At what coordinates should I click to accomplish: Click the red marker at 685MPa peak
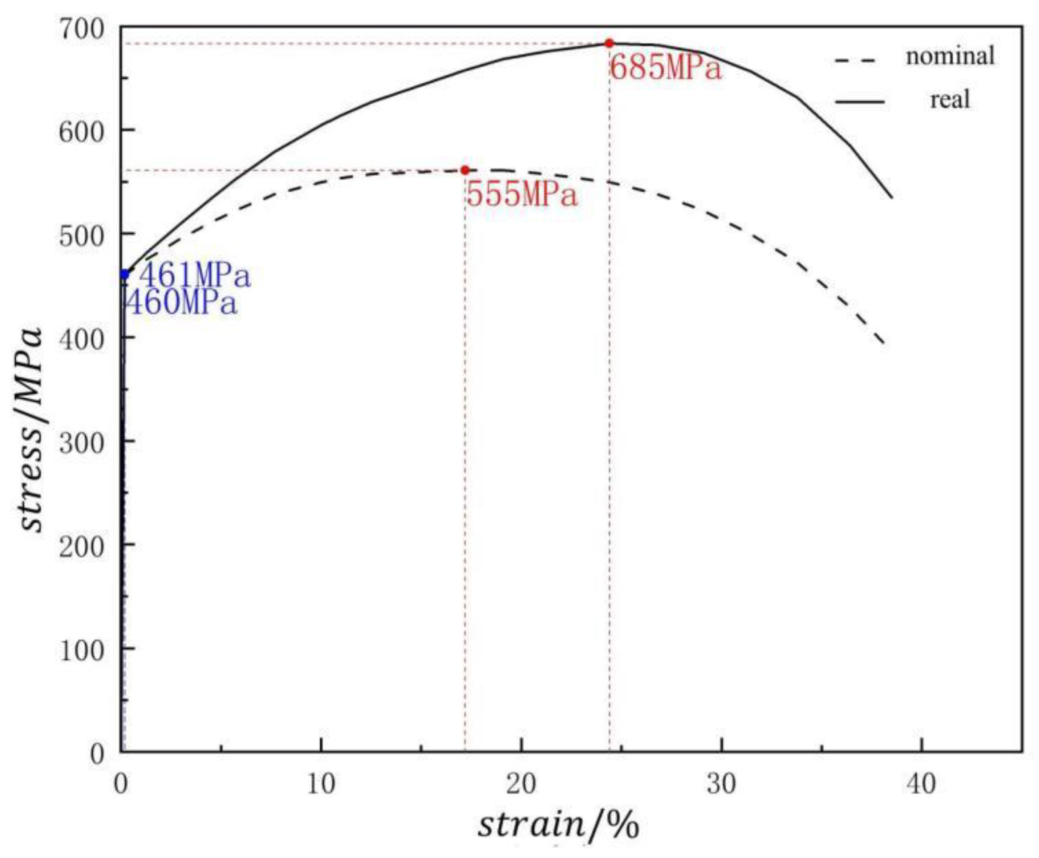point(609,43)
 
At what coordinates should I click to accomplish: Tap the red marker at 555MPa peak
point(465,170)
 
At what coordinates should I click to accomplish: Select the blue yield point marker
point(125,274)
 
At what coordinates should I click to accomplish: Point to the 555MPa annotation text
point(522,194)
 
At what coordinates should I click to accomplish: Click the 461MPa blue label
point(194,276)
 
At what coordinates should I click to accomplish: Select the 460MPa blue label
point(181,303)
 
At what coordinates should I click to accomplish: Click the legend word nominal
point(950,55)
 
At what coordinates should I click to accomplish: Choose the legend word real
point(950,100)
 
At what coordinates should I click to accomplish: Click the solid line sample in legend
point(859,102)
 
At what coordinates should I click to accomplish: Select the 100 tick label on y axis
point(82,651)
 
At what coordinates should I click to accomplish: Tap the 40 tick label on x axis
point(921,784)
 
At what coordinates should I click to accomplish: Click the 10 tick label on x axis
point(321,784)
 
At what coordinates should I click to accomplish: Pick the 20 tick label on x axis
point(521,784)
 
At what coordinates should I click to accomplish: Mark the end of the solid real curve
point(892,197)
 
